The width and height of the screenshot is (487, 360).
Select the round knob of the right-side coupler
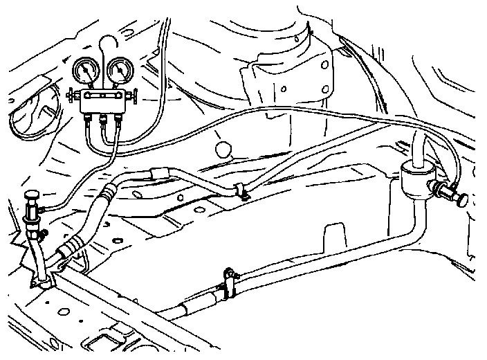(461, 199)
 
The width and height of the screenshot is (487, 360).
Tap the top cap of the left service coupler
(32, 197)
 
